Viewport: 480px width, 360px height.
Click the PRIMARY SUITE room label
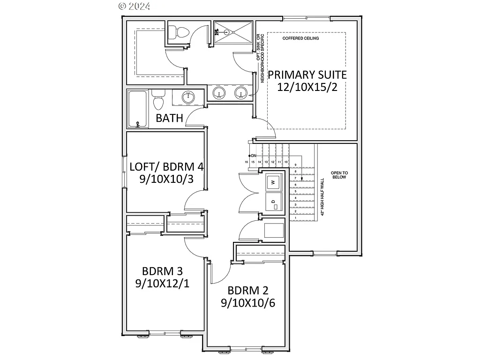pos(307,75)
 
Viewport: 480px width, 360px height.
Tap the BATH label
pos(169,118)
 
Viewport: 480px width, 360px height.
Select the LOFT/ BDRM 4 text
pos(166,166)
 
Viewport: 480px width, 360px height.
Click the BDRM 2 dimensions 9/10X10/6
pos(247,302)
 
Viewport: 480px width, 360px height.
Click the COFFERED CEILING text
pos(300,38)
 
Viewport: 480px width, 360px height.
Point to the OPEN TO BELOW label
pos(339,175)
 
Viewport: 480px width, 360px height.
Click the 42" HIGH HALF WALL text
pos(322,196)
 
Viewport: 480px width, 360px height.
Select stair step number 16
pos(246,162)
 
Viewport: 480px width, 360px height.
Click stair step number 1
pos(296,218)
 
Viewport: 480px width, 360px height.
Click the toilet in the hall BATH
pos(158,100)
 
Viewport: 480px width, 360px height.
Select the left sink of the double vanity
pos(219,93)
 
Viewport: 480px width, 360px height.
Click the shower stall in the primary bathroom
pos(233,32)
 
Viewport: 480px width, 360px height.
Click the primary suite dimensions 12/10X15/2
pos(307,87)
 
